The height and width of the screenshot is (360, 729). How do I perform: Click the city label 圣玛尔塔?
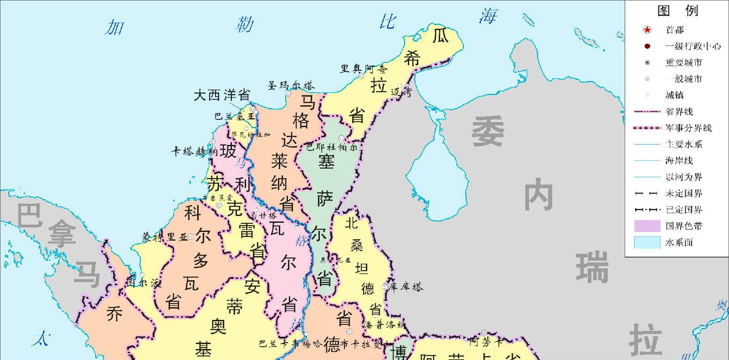(291, 85)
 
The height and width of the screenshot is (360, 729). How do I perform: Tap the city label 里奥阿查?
(364, 69)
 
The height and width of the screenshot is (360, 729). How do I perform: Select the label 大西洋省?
(222, 95)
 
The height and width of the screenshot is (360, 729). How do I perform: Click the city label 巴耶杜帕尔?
(332, 147)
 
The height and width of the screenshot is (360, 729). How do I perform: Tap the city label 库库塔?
(406, 287)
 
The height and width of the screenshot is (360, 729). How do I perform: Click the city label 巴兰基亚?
(235, 116)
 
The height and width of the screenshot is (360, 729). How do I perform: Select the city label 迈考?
(401, 92)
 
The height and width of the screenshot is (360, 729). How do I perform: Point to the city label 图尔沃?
(144, 283)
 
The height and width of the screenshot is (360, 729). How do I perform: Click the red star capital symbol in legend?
(647, 30)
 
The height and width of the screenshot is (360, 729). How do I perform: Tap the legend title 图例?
(678, 10)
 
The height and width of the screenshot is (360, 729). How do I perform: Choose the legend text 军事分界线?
(688, 128)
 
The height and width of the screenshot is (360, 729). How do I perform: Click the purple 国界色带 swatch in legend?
(647, 226)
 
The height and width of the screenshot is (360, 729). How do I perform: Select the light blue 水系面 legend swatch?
(647, 242)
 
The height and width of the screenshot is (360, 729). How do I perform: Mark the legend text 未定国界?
(684, 193)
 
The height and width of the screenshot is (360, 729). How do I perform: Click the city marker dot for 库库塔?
(385, 287)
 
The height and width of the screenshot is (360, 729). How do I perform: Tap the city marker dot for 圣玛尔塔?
(288, 93)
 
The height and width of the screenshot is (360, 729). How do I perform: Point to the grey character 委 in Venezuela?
(488, 131)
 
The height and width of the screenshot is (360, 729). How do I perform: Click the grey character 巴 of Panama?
(30, 215)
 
